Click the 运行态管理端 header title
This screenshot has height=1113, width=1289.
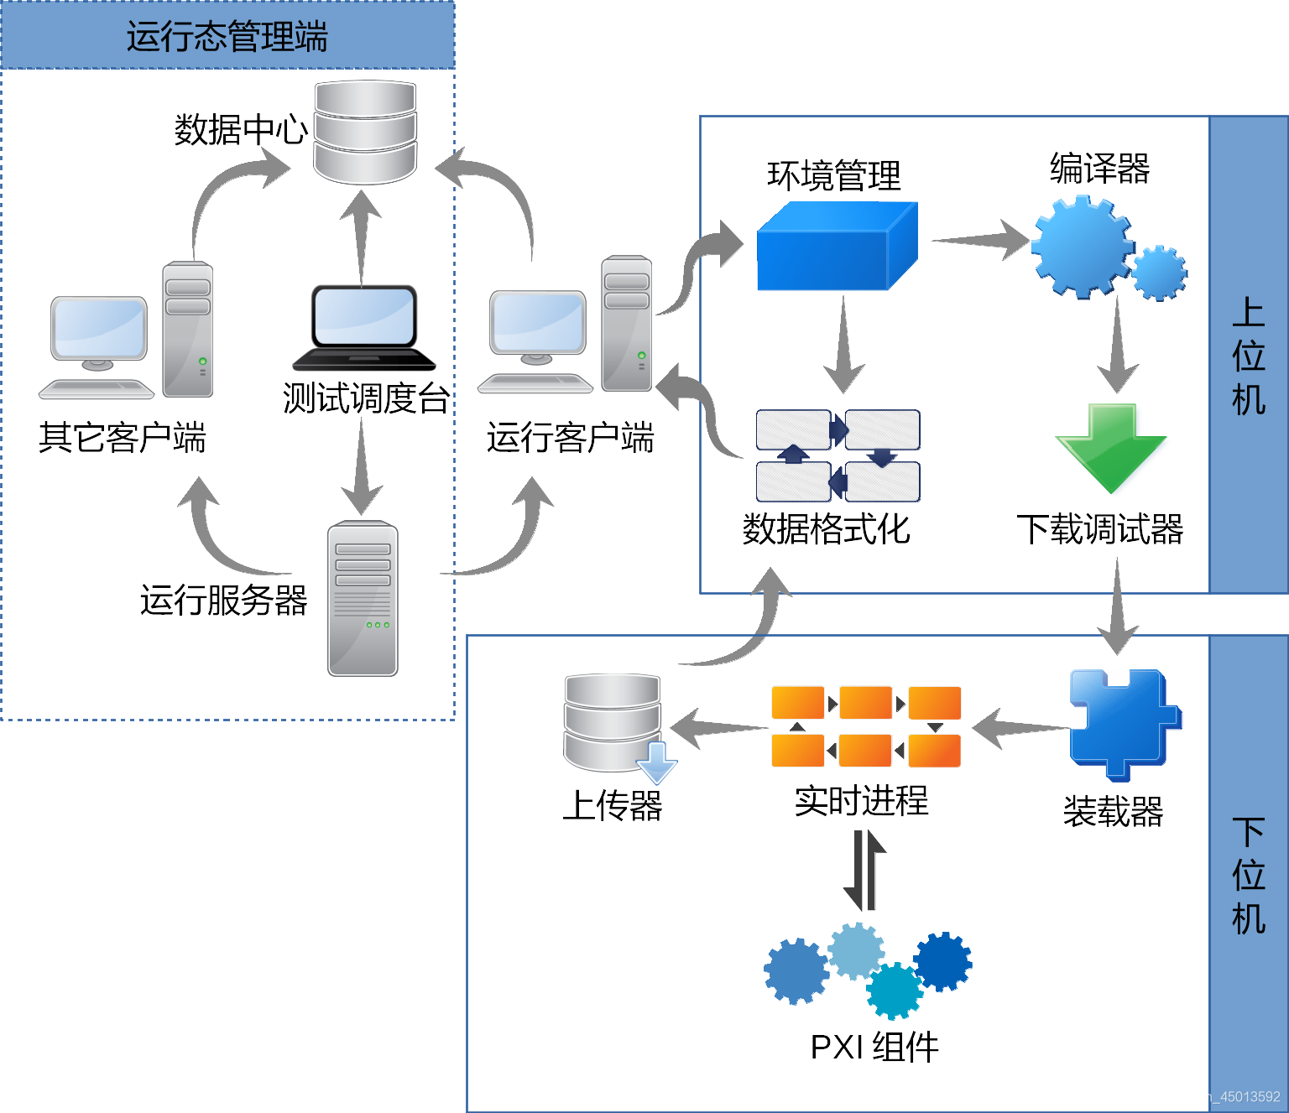(x=227, y=36)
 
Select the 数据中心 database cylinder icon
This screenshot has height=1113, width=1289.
(x=365, y=133)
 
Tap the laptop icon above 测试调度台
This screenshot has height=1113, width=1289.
(x=364, y=328)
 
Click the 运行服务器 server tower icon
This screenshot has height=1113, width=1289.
(x=363, y=598)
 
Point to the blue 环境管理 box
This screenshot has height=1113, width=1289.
(x=837, y=246)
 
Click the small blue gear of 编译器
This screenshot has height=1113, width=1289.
(x=1159, y=273)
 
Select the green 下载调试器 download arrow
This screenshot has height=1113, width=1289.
(x=1110, y=448)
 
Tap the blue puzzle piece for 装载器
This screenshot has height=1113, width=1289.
(x=1125, y=725)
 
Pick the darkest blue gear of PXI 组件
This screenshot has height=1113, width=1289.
(x=943, y=961)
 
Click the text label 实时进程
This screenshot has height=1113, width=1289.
(x=862, y=801)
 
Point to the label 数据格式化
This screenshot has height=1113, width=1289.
(x=827, y=529)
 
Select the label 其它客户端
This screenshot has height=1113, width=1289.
(x=123, y=437)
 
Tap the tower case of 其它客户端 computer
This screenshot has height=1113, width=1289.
(x=188, y=329)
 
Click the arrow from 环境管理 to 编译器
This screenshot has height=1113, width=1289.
(x=980, y=239)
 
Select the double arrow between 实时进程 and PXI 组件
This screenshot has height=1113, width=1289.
(x=864, y=870)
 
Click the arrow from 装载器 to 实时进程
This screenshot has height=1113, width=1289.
(x=1020, y=728)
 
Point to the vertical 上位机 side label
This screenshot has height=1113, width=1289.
(x=1249, y=356)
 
